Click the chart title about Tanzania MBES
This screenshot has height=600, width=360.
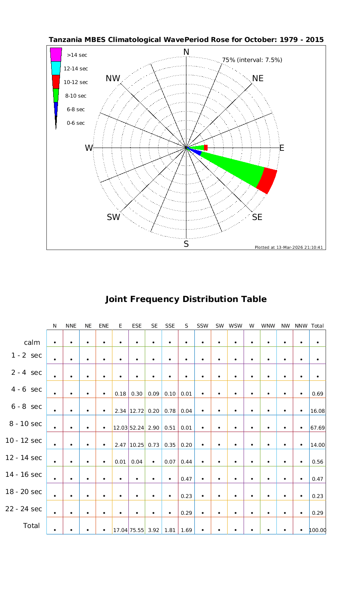[186, 40]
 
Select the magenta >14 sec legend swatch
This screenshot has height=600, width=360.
[56, 54]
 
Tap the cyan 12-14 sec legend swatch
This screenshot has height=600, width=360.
[56, 68]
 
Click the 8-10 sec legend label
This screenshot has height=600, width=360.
[76, 96]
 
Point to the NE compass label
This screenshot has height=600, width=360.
[258, 78]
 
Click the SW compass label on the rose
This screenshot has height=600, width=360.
[114, 217]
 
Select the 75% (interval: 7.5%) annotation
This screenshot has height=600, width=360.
[252, 60]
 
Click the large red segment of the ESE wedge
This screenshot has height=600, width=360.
[267, 181]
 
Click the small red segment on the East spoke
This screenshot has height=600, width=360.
[206, 148]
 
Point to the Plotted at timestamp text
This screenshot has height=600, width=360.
[288, 247]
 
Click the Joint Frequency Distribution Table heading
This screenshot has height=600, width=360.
[186, 299]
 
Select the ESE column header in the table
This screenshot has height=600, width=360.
[137, 326]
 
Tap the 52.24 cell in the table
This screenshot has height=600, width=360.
[137, 428]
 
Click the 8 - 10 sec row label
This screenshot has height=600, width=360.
[24, 424]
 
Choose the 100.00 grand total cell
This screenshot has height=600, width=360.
[318, 531]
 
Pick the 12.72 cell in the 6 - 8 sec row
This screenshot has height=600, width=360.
[137, 411]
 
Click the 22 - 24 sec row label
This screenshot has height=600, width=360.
[24, 509]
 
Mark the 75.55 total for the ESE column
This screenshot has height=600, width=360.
[137, 531]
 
